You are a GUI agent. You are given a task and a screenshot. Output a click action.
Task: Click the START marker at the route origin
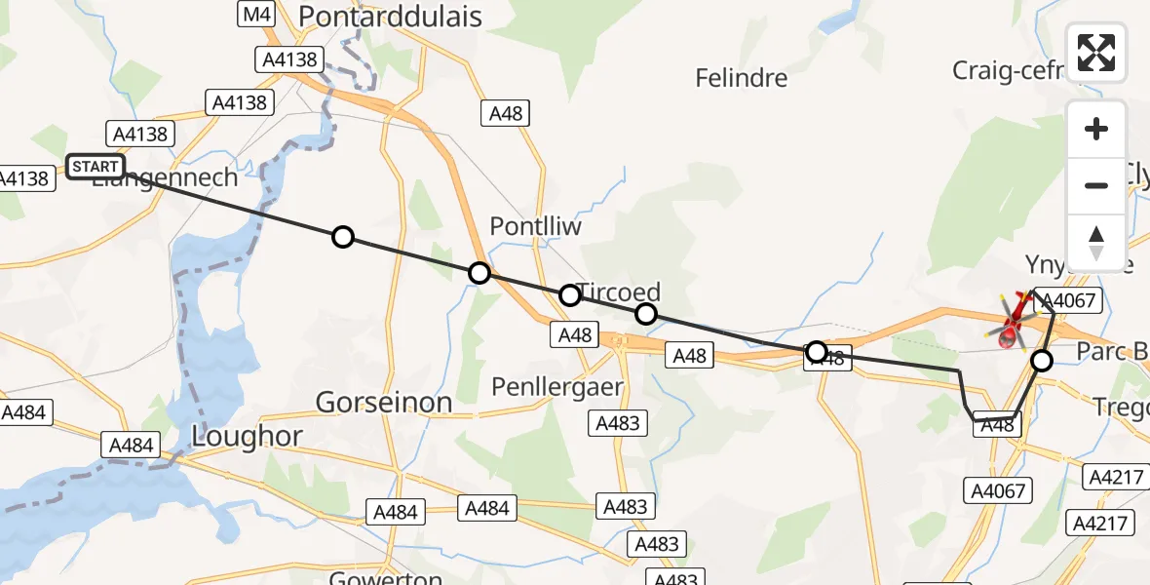click(x=95, y=167)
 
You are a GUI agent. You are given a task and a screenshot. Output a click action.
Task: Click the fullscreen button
click(x=1096, y=53)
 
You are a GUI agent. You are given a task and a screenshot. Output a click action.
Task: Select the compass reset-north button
click(x=1096, y=242)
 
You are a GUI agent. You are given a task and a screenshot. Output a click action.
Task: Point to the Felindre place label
click(x=741, y=77)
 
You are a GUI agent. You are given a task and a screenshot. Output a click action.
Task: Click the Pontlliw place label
click(x=535, y=226)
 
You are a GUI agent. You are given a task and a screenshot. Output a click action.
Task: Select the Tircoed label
click(x=619, y=292)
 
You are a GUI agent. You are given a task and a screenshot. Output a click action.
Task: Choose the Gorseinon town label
click(x=384, y=402)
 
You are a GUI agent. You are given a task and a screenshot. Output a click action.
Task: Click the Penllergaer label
click(x=557, y=387)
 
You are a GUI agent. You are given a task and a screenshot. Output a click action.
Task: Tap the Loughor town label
click(x=248, y=437)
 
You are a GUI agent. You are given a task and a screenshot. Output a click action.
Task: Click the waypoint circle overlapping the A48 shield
click(x=817, y=351)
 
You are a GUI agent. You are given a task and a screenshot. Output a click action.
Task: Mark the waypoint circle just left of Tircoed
click(x=569, y=294)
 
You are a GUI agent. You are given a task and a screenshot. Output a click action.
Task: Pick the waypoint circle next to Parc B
click(x=1042, y=361)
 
